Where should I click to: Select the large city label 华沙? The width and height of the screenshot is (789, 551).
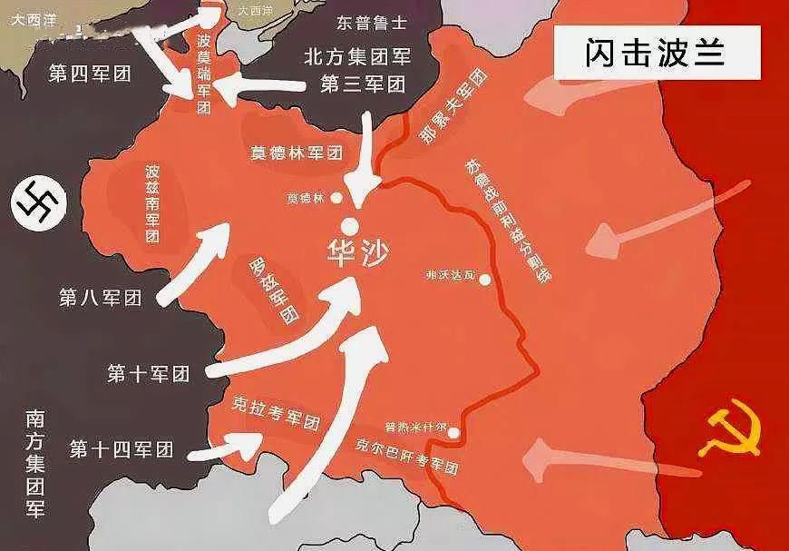coord(356,252)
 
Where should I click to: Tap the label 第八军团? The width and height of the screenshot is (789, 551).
coord(101,297)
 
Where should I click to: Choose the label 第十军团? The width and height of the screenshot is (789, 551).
coord(149,372)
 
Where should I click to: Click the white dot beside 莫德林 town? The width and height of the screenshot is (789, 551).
coord(336,197)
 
